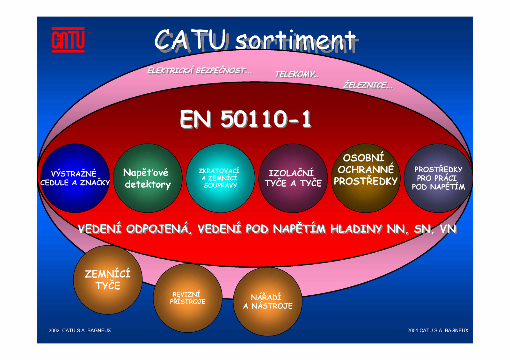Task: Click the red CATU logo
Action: coord(68,40)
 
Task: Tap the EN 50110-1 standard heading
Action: coord(246,119)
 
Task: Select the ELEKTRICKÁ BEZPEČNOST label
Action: coord(200,70)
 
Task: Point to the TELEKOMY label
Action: coord(297,74)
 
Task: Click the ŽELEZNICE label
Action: coord(368,85)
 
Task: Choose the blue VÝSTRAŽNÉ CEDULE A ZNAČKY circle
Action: coord(75,178)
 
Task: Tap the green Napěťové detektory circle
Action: coord(148,178)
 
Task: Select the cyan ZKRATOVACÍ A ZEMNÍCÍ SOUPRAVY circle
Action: coord(220,178)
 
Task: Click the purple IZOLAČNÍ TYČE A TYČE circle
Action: coord(293,178)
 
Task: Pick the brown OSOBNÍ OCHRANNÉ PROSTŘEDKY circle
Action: coord(366,178)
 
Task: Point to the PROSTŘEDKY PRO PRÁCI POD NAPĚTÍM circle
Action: coord(438,178)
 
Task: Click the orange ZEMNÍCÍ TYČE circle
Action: coord(108,280)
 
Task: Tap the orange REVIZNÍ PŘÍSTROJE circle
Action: coord(188,298)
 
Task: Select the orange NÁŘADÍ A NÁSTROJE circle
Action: coord(268,301)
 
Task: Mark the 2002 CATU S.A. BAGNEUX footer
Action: coord(80,330)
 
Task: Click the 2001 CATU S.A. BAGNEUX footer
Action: coord(438,330)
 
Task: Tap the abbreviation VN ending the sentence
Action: coord(448,229)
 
